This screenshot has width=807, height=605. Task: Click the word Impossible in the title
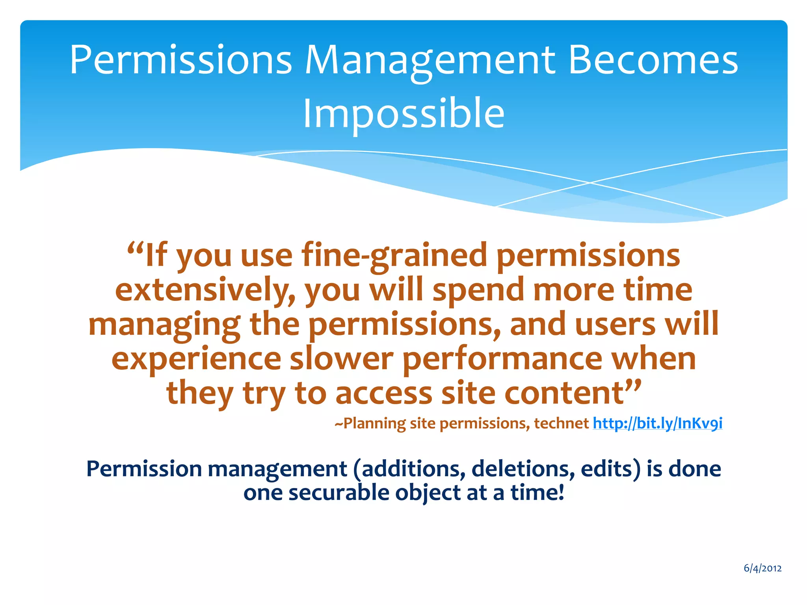coord(403,113)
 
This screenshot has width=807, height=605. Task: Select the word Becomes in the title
coord(653,60)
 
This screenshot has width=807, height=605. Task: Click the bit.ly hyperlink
coord(657,423)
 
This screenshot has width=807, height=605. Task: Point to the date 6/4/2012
coord(762,568)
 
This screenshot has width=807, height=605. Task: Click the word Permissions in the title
coord(180,60)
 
